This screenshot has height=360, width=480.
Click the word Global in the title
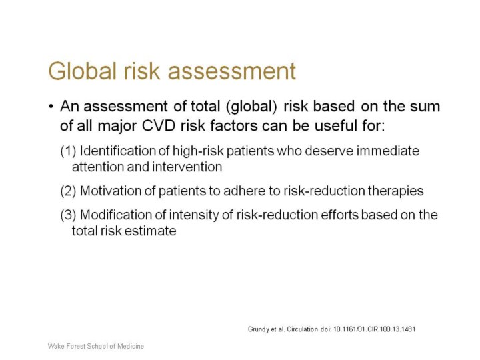83,71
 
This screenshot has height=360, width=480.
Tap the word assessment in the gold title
232,71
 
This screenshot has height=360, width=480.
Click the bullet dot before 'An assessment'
51,107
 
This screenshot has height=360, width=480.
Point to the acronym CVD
159,125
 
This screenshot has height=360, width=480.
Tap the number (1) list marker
68,151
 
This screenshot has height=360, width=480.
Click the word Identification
118,151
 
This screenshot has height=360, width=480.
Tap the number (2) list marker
68,191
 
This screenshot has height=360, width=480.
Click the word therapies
395,191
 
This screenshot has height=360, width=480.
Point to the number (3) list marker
68,215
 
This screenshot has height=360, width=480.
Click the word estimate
150,231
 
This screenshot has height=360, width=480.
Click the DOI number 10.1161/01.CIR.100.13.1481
374,329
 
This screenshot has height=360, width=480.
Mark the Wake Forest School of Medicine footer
96,346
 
